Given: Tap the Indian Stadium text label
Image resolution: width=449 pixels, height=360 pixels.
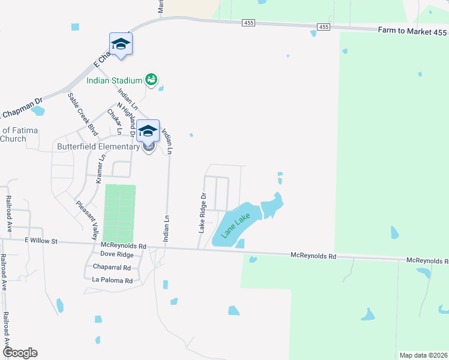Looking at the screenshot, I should click(114, 80).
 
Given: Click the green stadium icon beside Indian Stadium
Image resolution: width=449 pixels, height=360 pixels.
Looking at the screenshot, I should click(151, 79).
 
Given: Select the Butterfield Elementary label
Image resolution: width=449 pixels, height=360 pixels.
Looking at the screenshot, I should click(98, 146).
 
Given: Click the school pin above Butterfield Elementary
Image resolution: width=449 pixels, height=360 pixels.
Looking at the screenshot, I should click(148, 131).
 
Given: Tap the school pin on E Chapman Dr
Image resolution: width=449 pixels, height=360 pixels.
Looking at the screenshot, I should click(121, 44).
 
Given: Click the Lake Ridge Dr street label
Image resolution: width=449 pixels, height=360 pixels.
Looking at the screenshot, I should click(203, 212).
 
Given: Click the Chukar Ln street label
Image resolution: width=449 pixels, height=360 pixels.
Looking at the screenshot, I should click(115, 121).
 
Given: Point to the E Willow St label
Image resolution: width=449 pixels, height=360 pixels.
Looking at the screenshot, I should click(41, 241).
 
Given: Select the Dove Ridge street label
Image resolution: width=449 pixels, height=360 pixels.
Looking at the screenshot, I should click(117, 255).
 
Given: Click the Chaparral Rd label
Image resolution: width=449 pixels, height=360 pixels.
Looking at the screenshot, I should click(112, 268).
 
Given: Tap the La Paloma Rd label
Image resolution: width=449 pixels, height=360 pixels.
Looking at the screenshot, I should click(112, 280).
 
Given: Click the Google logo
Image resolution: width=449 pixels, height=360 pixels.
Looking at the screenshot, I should click(19, 353).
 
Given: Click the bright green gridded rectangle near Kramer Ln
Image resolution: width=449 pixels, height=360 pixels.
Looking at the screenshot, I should click(120, 212).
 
